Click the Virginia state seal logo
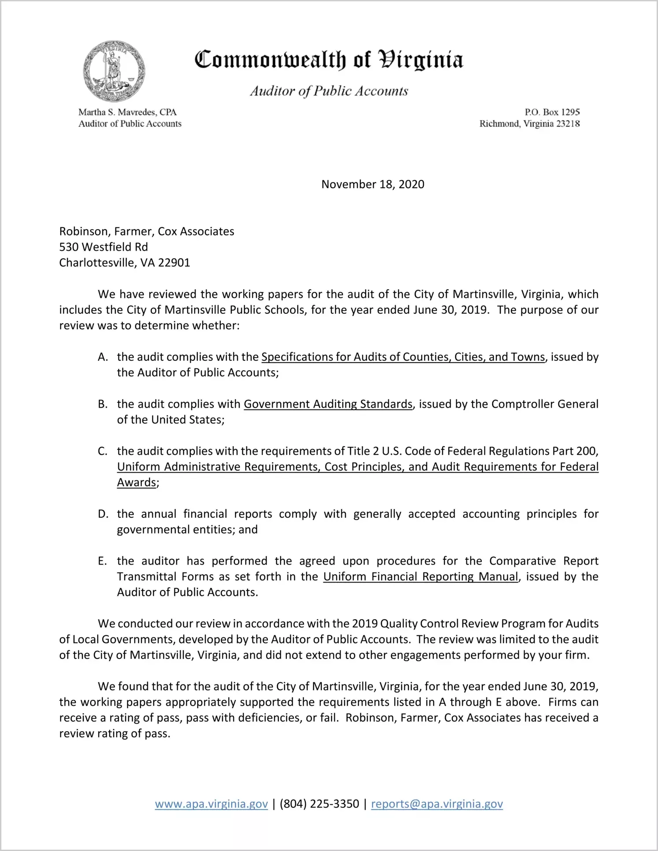pyautogui.click(x=114, y=71)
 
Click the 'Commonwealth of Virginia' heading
pyautogui.click(x=329, y=60)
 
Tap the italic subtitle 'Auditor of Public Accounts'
pyautogui.click(x=329, y=91)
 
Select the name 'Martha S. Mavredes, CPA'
pyautogui.click(x=127, y=112)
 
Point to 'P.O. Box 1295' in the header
pyautogui.click(x=552, y=112)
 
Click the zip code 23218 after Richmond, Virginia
pyautogui.click(x=568, y=124)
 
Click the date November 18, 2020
pyautogui.click(x=373, y=184)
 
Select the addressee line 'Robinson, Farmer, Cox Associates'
pyautogui.click(x=147, y=231)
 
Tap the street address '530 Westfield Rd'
pyautogui.click(x=104, y=247)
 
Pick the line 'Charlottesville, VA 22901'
pyautogui.click(x=125, y=263)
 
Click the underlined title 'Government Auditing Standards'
pyautogui.click(x=328, y=404)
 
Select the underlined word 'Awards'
pyautogui.click(x=136, y=483)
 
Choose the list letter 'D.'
pyautogui.click(x=103, y=514)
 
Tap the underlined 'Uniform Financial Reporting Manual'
pyautogui.click(x=420, y=576)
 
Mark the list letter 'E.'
pyautogui.click(x=103, y=561)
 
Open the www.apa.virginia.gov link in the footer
pyautogui.click(x=211, y=804)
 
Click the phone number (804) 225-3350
pyautogui.click(x=319, y=804)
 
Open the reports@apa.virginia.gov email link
pyautogui.click(x=437, y=804)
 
